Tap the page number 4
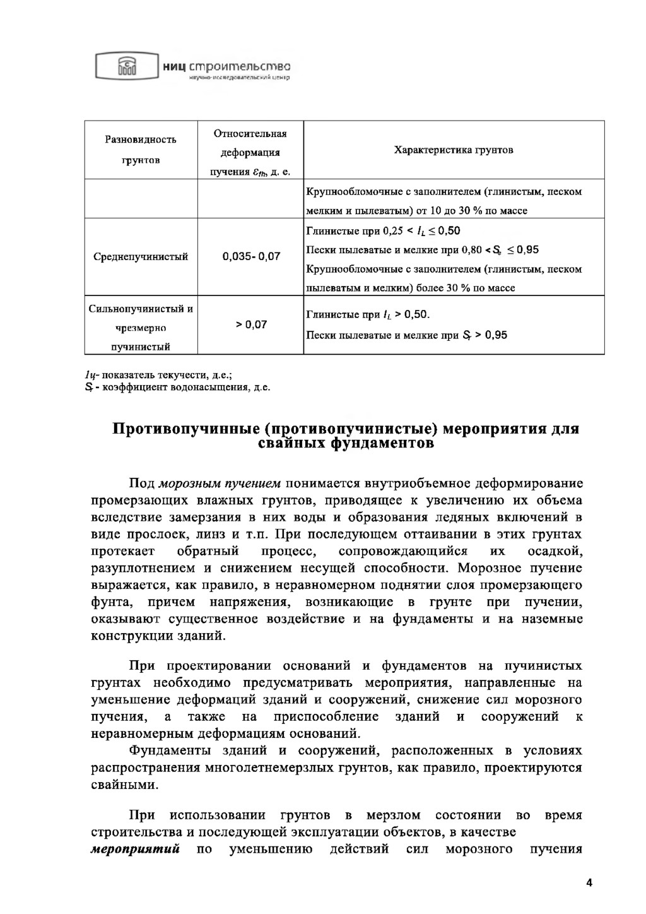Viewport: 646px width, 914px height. coord(589,882)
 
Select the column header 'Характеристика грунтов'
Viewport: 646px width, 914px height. coord(453,150)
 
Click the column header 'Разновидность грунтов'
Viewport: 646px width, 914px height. coord(141,150)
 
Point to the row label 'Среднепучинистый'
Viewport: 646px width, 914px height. coord(141,257)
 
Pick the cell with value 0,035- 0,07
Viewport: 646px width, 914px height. coord(251,257)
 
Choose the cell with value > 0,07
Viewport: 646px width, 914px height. coord(251,324)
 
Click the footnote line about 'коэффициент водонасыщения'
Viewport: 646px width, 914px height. coord(180,386)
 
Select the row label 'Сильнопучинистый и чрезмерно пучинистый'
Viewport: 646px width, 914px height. coord(141,328)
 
